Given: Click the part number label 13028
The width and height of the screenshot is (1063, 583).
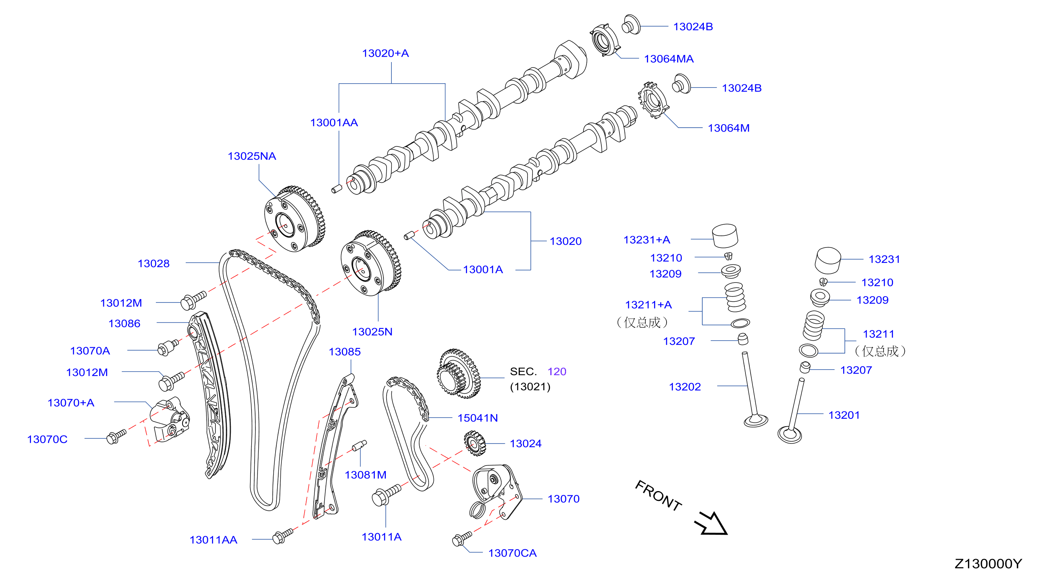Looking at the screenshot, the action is point(153,264).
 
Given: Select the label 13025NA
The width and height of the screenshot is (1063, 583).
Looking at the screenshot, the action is point(252,156).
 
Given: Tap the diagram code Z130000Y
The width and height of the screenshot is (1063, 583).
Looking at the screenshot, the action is point(988,564).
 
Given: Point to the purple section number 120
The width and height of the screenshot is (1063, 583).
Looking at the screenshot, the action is point(557,372).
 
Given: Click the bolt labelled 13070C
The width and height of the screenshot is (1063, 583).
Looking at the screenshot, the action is point(116,436).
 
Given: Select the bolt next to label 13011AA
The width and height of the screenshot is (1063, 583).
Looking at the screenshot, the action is point(282,536).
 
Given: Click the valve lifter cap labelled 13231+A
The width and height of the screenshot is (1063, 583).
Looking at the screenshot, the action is point(725,236).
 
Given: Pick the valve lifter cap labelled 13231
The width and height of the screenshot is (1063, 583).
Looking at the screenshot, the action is point(828,260).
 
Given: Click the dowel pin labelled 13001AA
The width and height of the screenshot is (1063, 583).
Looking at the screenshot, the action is point(337,189).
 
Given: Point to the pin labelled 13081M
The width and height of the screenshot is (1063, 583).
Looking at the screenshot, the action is point(359,446).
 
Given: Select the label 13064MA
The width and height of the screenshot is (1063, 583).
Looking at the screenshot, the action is point(668,59).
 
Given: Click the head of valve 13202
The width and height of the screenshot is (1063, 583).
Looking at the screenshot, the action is point(756,421).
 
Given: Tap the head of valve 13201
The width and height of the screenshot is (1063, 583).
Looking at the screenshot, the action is point(789,435).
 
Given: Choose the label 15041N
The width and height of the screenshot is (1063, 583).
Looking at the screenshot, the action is point(477,418).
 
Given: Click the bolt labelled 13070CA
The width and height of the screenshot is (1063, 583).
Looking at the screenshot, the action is point(462,538).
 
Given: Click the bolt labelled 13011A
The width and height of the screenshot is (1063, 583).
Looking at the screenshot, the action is point(386,495).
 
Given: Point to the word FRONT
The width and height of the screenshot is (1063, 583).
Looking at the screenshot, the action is point(659,495).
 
